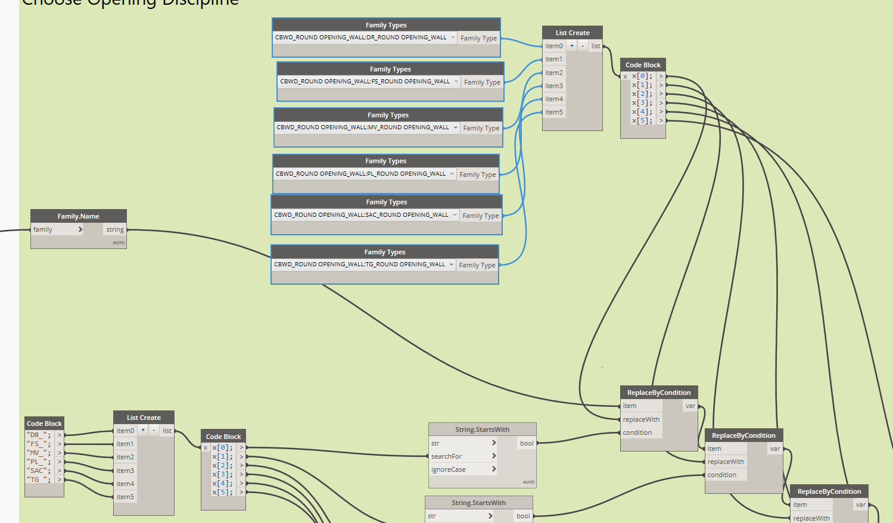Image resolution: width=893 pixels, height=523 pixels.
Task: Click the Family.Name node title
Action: tap(78, 216)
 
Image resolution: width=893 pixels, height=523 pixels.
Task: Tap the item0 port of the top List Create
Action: tap(553, 46)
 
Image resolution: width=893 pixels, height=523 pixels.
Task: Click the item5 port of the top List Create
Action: tap(553, 112)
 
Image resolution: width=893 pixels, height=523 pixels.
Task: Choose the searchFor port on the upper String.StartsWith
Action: tap(446, 456)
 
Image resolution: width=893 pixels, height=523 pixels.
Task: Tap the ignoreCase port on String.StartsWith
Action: tap(448, 469)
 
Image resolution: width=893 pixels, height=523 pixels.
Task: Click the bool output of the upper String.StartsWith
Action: tap(527, 443)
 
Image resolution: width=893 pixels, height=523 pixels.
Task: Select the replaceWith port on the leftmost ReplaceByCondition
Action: tap(640, 419)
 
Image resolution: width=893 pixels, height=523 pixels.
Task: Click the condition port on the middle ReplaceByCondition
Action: tap(721, 475)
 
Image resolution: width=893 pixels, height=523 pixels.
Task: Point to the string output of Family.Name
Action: tap(115, 229)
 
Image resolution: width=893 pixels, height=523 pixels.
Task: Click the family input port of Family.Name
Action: tap(43, 229)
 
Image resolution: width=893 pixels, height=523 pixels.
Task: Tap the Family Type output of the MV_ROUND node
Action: tap(481, 128)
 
